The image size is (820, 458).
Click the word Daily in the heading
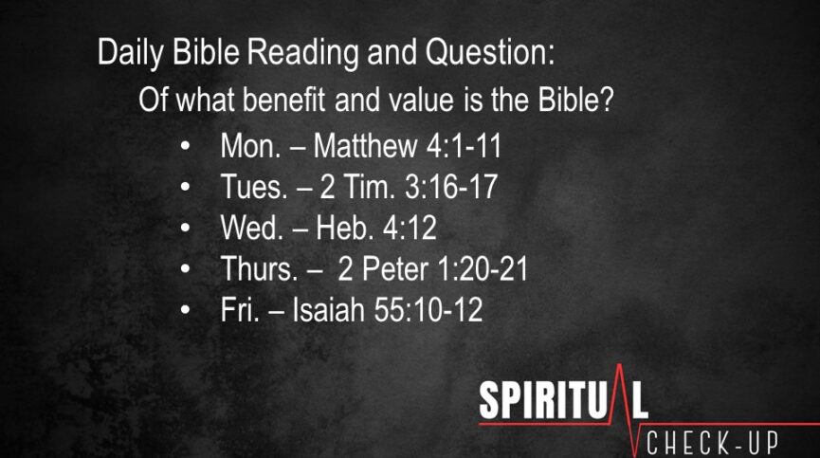point(131,53)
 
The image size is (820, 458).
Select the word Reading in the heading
point(303,53)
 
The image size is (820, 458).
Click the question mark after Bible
point(607,100)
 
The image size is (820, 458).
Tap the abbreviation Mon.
point(251,145)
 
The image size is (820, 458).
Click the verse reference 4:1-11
point(464,145)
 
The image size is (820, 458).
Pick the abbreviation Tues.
point(254,187)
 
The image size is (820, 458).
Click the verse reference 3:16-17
point(451,187)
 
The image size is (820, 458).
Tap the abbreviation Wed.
point(252,228)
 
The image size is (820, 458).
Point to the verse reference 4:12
point(410,228)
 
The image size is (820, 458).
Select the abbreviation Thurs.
point(260,268)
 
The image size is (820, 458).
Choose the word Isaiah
point(328,309)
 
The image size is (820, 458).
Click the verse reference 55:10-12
point(428,309)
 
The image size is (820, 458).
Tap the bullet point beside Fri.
point(185,310)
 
